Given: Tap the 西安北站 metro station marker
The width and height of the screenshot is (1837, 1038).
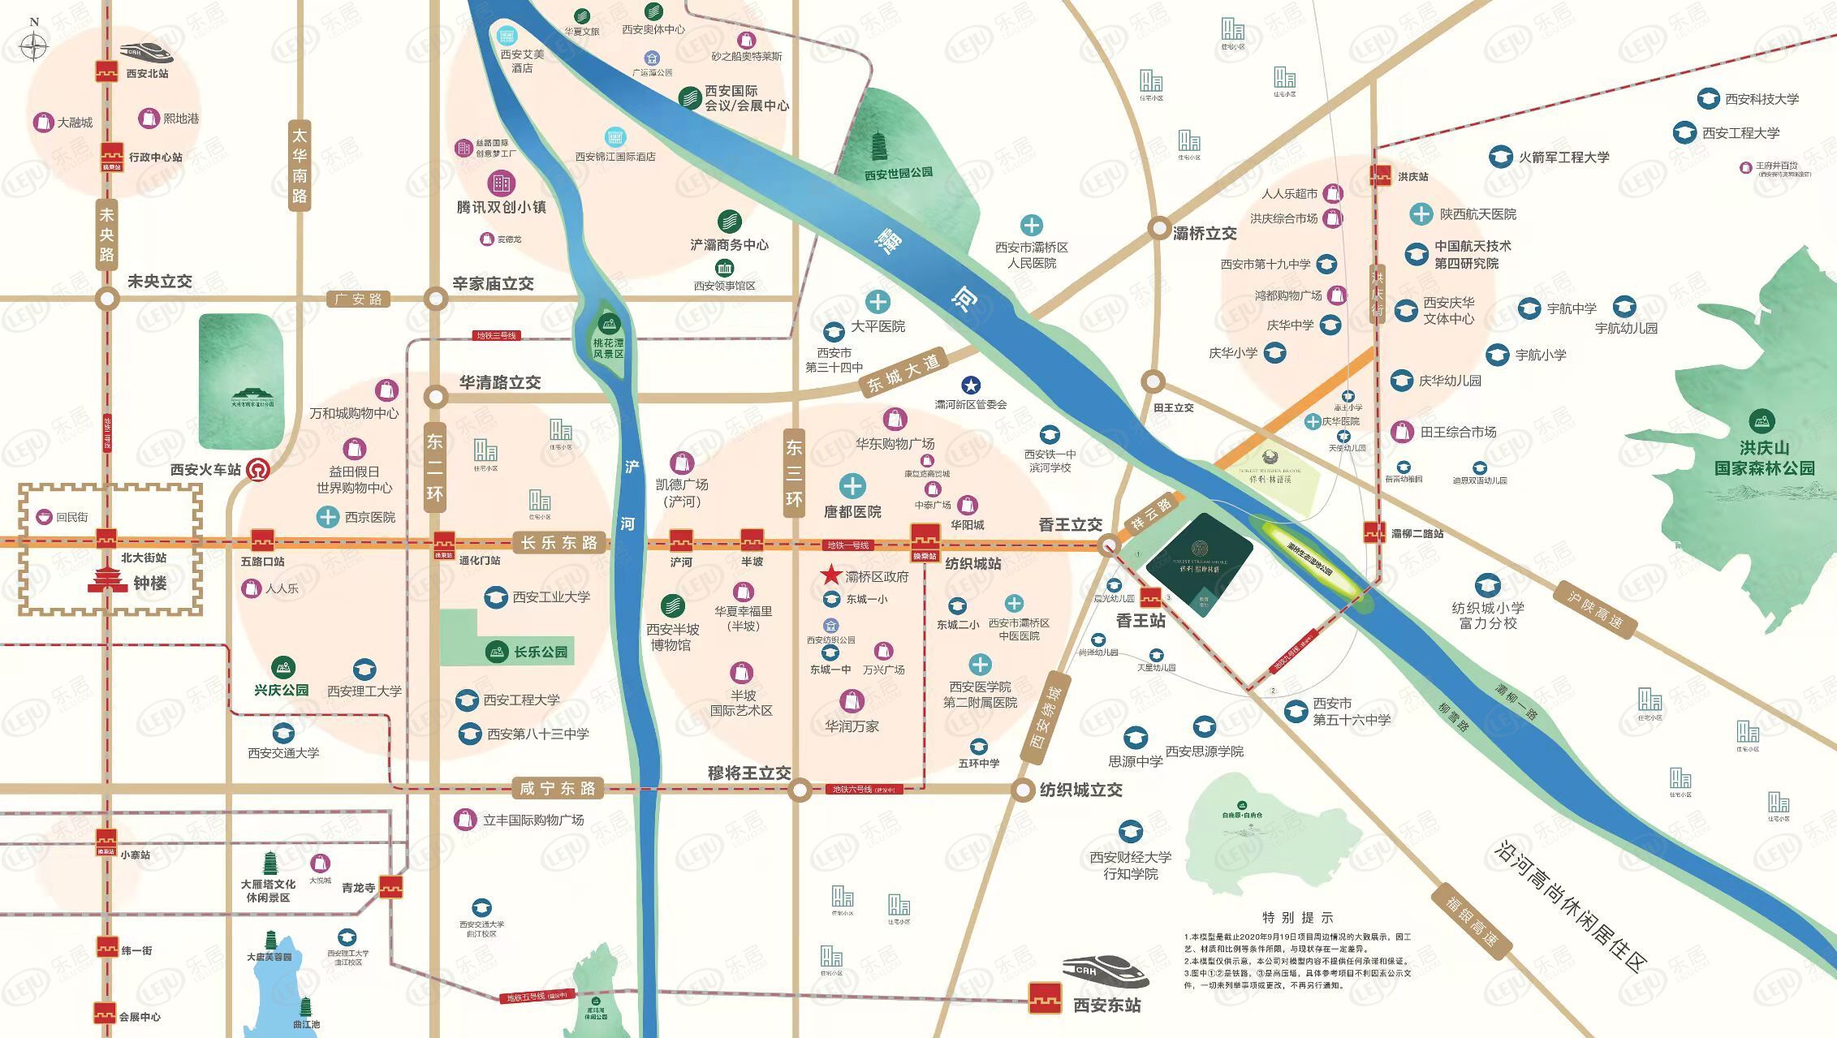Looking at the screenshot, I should pos(106,71).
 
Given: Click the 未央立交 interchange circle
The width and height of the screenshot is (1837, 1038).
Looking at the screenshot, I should pos(107,299).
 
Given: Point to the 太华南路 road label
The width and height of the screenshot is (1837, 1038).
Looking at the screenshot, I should pos(300,166).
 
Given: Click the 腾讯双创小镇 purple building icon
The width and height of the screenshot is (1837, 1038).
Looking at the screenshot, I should pos(501,183).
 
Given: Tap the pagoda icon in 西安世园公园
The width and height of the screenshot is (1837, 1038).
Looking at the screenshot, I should pos(879,147).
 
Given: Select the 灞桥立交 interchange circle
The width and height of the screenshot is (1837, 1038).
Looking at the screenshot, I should pos(1158,229).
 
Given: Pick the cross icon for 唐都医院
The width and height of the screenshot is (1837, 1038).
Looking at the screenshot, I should pos(852,487).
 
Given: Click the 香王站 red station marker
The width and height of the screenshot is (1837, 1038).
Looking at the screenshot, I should pos(1149,598).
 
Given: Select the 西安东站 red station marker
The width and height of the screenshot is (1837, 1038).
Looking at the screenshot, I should pos(1046,998).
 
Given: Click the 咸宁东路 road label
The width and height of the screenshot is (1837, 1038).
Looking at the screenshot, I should pos(558,788).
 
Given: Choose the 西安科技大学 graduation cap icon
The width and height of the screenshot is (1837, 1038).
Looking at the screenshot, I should pos(1708,99).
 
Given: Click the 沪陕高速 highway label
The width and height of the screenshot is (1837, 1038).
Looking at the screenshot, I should pos(1594,610).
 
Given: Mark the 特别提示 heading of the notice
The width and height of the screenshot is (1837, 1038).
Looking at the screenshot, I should pos(1297,918).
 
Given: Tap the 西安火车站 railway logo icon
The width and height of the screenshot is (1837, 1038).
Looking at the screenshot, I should pos(258,468).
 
